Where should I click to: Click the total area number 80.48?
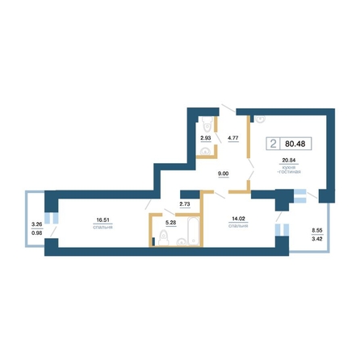295,144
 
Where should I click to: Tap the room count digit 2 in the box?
273,144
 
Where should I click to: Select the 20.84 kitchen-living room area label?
289,161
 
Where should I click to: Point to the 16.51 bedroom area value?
103,220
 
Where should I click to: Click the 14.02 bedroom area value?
238,219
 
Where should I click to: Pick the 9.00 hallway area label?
224,174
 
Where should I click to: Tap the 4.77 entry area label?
233,138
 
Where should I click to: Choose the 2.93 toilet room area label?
206,138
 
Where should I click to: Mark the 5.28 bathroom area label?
171,223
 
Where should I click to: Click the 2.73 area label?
185,204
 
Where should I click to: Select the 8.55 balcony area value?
317,231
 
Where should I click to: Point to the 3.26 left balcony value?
37,224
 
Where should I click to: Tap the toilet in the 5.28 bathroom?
164,238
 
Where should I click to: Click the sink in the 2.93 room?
206,152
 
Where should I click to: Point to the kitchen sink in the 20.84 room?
260,119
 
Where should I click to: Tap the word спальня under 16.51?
103,228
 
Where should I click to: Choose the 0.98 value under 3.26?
37,233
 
